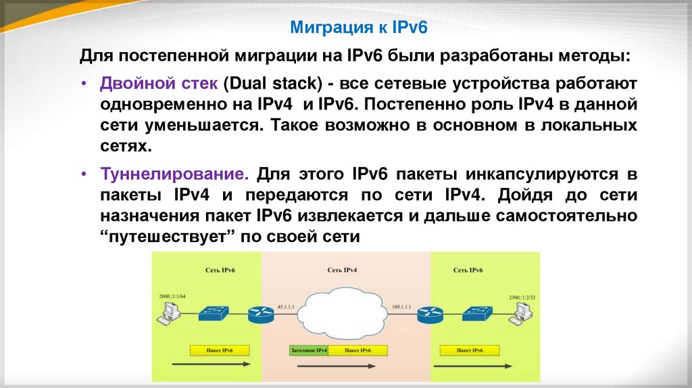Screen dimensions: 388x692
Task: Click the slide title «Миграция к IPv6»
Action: (359, 27)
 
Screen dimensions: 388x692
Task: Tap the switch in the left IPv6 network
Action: (214, 311)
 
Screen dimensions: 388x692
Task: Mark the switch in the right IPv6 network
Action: (477, 311)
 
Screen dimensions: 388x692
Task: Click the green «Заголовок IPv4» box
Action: (308, 351)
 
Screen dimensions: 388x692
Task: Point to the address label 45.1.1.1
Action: (287, 306)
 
